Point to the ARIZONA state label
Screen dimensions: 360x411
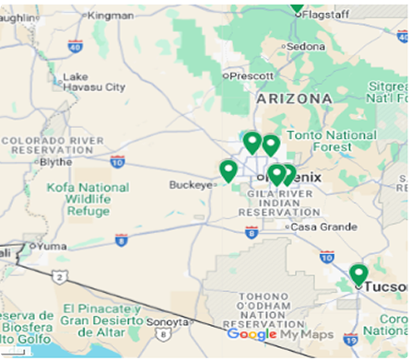[x=295, y=98]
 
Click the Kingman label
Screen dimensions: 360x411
[x=110, y=16]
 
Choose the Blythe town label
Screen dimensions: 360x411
[x=56, y=160]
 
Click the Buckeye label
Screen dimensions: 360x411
[x=191, y=183]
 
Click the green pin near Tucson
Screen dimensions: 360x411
[x=358, y=273]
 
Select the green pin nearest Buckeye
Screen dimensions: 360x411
[x=228, y=169]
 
